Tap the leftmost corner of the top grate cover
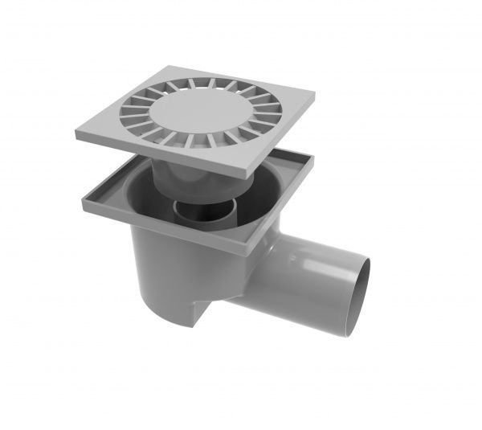[x=78, y=134]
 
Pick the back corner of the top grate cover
[x=178, y=68]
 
